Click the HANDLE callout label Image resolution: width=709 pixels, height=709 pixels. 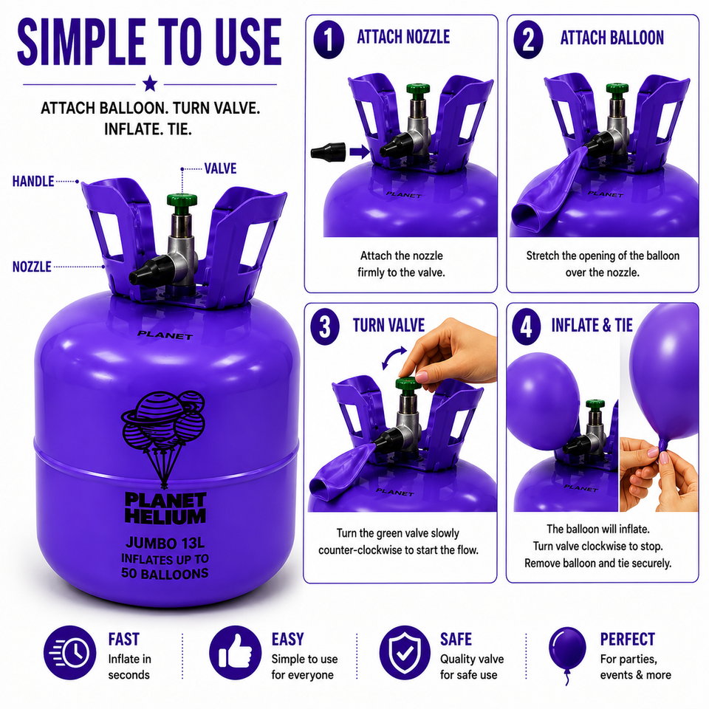coord(33,182)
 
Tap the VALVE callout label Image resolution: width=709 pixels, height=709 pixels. coord(220,168)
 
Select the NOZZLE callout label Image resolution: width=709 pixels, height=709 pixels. coord(32,267)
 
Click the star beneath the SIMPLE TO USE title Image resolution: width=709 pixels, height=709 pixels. coord(150,83)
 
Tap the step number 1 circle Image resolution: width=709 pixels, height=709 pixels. coord(329,40)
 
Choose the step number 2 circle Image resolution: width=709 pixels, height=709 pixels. coord(528,40)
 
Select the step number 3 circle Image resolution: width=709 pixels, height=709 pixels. coord(325,326)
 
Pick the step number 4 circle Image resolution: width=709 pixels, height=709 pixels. coord(527,326)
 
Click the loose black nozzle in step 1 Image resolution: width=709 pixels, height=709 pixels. coord(328,151)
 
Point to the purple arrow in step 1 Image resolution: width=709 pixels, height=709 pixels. coord(360,152)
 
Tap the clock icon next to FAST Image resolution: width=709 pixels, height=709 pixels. coord(69,652)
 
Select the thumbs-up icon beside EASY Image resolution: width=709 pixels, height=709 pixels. coord(235,652)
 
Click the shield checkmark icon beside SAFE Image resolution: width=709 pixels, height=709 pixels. coord(405,652)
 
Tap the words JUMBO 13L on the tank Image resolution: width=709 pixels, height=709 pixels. coord(165,543)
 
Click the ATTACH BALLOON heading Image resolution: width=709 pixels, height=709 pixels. coord(612,38)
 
